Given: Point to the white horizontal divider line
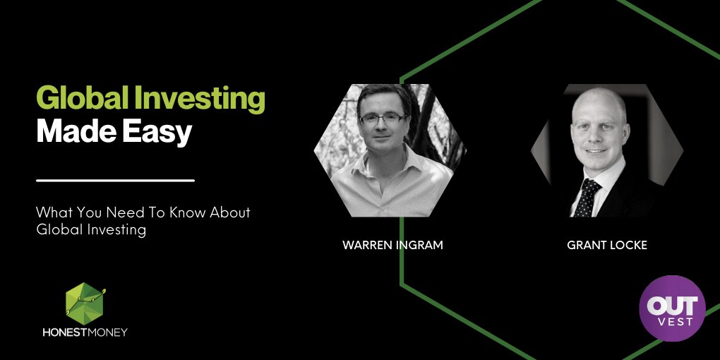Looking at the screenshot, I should coord(115,181).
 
